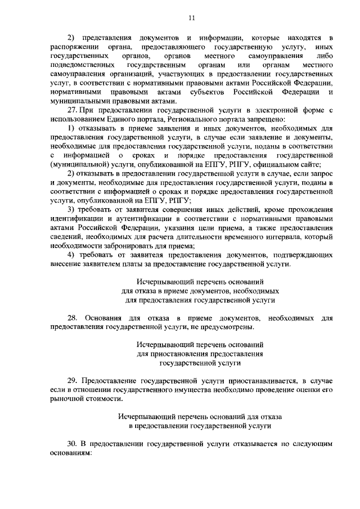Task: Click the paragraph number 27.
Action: (x=71, y=110)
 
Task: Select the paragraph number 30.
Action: (x=71, y=443)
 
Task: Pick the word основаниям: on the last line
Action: (x=70, y=452)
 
